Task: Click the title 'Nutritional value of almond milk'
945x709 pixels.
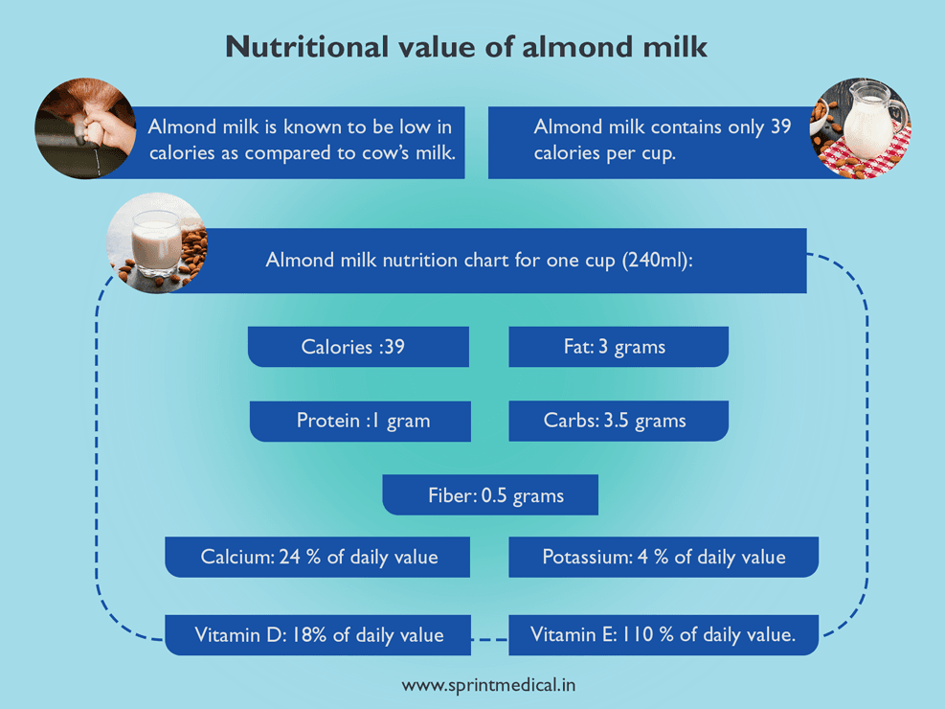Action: tap(466, 46)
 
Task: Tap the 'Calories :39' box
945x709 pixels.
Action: tap(358, 347)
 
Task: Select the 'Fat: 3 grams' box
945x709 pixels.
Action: tap(618, 347)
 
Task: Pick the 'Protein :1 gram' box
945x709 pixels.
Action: tap(360, 421)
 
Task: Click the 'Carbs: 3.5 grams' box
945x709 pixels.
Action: tap(618, 421)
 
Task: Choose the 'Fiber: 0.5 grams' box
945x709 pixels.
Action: tap(490, 495)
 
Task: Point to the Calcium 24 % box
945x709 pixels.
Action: tap(318, 557)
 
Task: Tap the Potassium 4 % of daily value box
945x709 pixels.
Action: tap(663, 557)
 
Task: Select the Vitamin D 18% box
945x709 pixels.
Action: tap(318, 635)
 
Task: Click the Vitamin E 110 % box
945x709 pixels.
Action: tap(663, 635)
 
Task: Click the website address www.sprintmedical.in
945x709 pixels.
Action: tap(488, 685)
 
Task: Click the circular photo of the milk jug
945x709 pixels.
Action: tap(861, 128)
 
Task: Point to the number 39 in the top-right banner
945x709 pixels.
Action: tap(780, 127)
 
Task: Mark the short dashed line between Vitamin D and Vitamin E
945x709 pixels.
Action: tap(489, 638)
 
